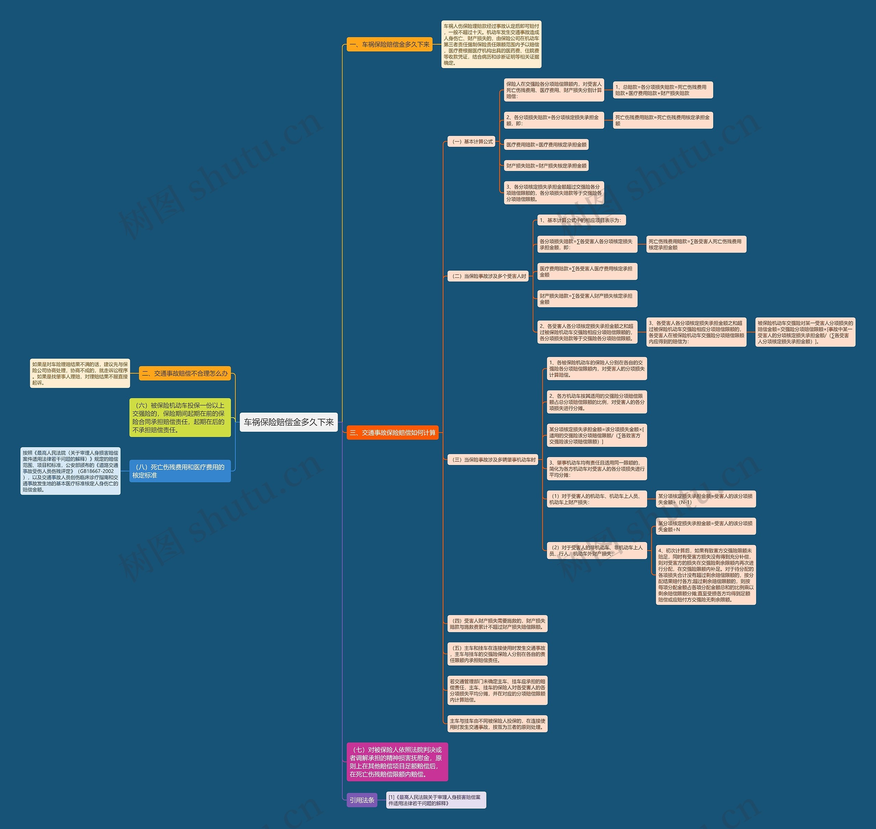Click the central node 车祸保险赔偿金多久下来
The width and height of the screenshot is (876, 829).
(x=288, y=422)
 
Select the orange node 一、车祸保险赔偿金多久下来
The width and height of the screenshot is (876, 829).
(x=389, y=44)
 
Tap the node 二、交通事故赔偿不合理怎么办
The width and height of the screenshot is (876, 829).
(x=185, y=373)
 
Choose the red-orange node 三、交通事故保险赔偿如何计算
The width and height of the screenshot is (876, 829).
(x=392, y=432)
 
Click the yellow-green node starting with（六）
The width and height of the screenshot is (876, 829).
(x=180, y=418)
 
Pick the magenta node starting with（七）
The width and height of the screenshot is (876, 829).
(x=397, y=762)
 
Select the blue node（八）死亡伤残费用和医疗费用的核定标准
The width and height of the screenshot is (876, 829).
(x=180, y=471)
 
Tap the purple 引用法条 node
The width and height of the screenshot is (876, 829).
(x=362, y=800)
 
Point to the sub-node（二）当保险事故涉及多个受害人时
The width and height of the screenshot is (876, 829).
(x=488, y=276)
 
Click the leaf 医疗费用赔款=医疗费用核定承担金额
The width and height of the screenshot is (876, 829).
(x=546, y=144)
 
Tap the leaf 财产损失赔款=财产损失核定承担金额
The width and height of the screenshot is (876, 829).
(x=546, y=166)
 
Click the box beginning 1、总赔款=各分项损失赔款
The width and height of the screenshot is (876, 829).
(x=662, y=90)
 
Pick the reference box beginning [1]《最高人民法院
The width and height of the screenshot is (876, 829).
(x=436, y=800)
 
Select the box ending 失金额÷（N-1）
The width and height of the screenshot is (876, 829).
(x=705, y=499)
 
